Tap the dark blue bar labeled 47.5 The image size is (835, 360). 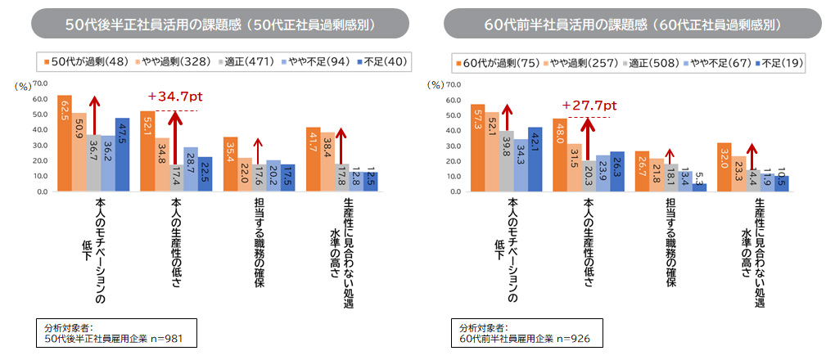point(121,155)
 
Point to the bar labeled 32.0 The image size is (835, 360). point(724,168)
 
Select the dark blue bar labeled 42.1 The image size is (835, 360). point(534,160)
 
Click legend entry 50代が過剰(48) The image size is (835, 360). point(81,61)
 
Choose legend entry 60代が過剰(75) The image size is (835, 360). point(497,62)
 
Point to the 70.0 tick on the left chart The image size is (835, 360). point(40,84)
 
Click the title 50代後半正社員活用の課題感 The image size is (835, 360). point(220,24)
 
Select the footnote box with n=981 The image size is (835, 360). point(120,332)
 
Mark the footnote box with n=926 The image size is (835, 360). point(532,332)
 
